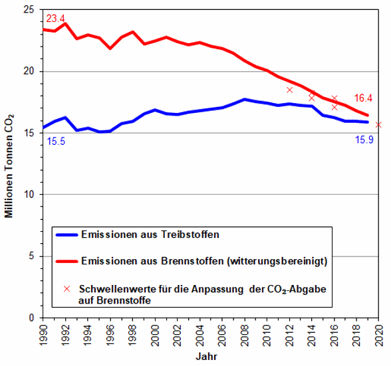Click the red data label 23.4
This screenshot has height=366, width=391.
55,19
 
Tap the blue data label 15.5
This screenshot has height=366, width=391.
56,141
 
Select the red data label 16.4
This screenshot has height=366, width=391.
363,98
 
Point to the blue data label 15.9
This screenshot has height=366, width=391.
364,139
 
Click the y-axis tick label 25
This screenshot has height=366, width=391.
29,10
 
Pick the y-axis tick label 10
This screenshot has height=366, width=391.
29,195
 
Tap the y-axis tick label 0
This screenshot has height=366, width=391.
31,318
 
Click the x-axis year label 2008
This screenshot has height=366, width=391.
245,335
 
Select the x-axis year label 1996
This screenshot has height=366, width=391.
110,335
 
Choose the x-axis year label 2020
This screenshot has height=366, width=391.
379,335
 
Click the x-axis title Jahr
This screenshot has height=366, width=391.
206,357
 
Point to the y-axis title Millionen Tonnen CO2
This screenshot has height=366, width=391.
9,166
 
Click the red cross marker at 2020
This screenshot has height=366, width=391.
378,125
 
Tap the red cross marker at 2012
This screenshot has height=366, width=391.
289,90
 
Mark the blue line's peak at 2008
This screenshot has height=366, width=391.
245,100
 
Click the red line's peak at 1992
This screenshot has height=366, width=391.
65,24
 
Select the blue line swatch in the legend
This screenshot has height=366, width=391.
66,234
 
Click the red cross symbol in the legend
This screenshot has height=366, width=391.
66,289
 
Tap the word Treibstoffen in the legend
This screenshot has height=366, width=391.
190,234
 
